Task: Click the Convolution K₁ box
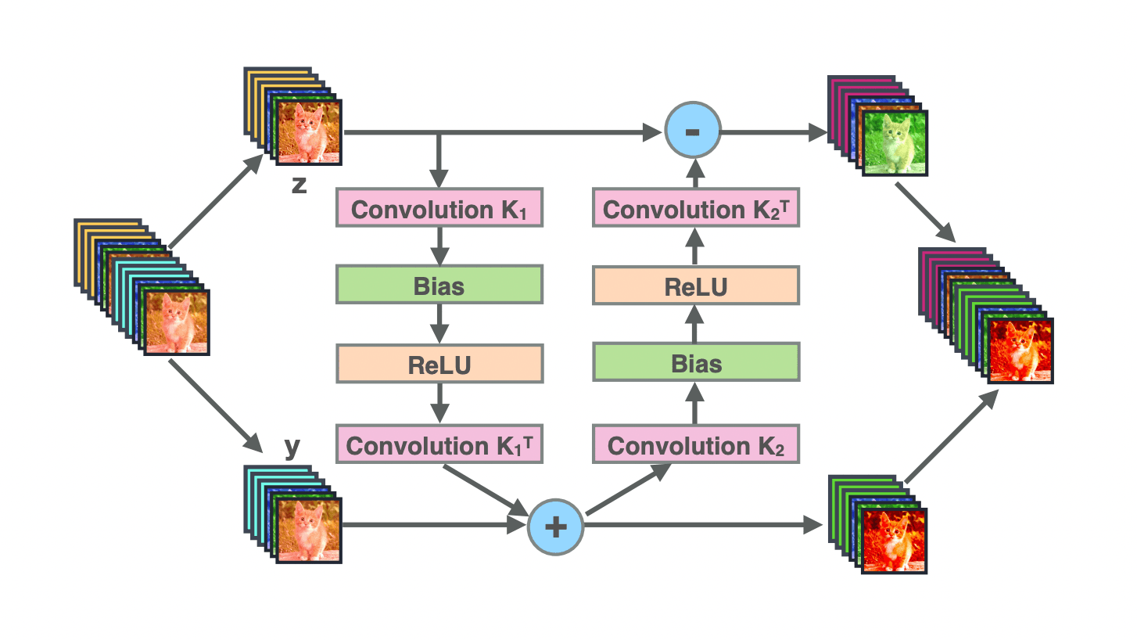439,210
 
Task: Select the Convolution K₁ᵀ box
439,445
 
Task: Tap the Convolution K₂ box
696,445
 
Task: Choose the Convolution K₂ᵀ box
696,210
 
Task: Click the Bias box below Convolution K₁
439,286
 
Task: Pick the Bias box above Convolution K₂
696,363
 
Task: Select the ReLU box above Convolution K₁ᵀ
439,365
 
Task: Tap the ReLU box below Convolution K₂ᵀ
696,286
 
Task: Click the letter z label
299,187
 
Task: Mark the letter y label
292,448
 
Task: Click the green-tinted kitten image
894,142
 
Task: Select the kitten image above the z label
309,131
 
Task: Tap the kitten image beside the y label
309,530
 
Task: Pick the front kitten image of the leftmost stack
177,322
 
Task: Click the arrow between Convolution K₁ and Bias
440,246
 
